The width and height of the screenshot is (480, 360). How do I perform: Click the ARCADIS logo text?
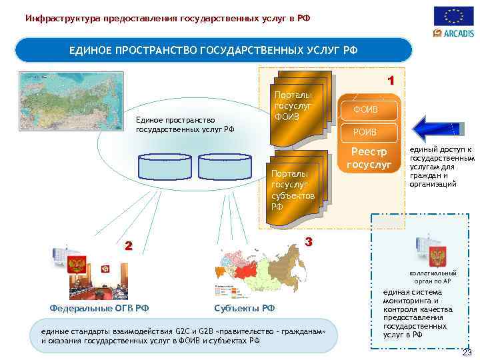point(457,33)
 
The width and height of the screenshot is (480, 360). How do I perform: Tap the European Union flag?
point(453,15)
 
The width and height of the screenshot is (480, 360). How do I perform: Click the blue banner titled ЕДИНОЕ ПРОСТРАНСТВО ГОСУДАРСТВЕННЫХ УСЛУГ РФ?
point(213,50)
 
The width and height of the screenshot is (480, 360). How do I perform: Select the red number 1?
point(392,81)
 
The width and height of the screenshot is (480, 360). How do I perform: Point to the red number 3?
point(308,241)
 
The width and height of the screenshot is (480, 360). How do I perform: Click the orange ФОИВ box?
point(369,109)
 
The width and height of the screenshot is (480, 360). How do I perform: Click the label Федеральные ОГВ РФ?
point(99,307)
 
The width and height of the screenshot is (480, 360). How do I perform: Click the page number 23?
point(467,353)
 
